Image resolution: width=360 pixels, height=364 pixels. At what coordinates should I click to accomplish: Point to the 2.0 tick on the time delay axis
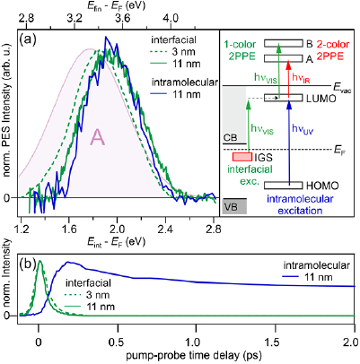click(356, 329)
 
